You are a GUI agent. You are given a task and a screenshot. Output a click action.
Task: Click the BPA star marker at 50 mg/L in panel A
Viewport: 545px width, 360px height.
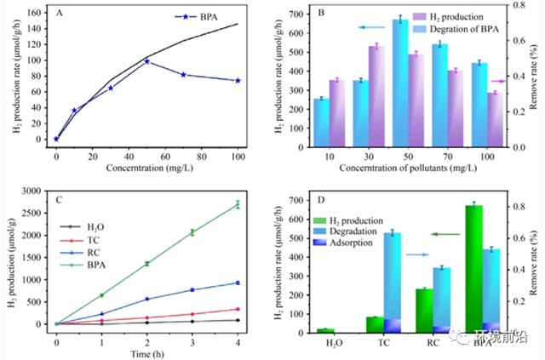point(147,61)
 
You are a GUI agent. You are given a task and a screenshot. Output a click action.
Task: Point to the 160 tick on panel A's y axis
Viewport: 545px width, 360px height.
point(36,13)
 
